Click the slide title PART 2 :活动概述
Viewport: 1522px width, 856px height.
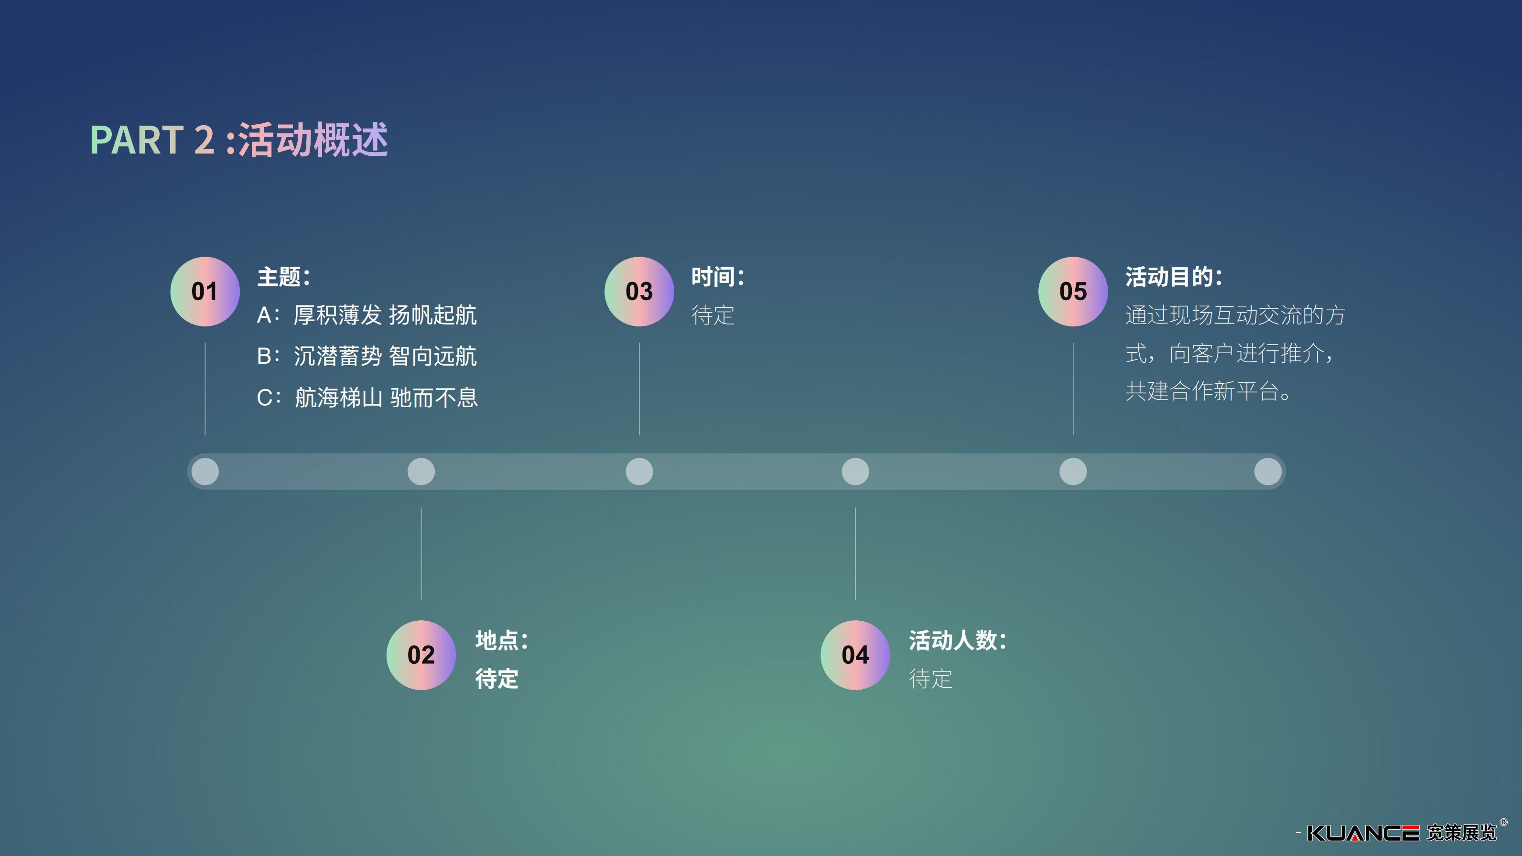tap(239, 140)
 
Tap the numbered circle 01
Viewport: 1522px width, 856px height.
tap(205, 291)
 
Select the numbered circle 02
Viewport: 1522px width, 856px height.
tap(421, 655)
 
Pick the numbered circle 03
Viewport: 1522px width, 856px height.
tap(639, 291)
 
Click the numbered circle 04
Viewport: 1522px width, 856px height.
tap(855, 655)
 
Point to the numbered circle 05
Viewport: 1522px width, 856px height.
tap(1073, 291)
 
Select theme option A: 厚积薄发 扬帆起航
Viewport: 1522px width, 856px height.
tap(367, 315)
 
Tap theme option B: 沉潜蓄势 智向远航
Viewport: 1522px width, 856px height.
tap(367, 356)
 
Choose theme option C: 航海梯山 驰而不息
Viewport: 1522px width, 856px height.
tap(367, 398)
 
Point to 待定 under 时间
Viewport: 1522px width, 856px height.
tap(712, 315)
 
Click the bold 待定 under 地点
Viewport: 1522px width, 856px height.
tap(497, 679)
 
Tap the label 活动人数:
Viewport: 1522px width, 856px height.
tap(957, 640)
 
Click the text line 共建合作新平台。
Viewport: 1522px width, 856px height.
tap(1208, 391)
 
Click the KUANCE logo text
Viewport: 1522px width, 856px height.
tap(1362, 833)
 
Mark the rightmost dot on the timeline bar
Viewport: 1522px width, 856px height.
tap(1267, 471)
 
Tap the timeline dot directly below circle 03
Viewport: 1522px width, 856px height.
tap(639, 471)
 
